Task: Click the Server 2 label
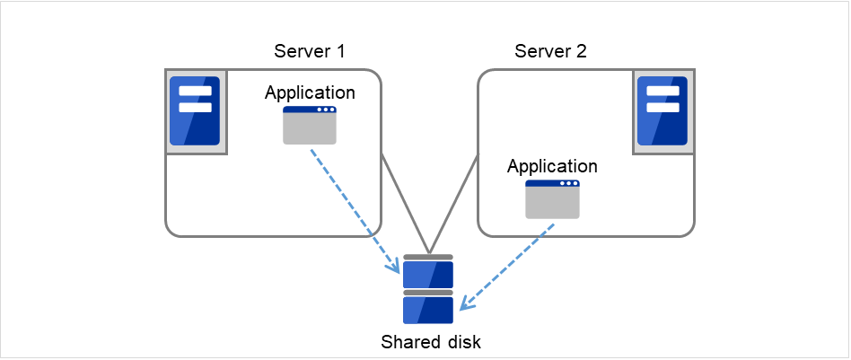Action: click(x=550, y=51)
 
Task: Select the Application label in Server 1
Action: click(x=310, y=92)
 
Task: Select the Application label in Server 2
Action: click(x=552, y=166)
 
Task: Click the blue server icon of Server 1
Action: click(x=195, y=110)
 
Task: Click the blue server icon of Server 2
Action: click(x=662, y=110)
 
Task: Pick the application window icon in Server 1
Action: click(x=310, y=125)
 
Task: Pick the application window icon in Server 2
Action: click(x=552, y=199)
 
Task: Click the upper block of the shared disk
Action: click(x=428, y=272)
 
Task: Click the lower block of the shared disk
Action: click(x=428, y=309)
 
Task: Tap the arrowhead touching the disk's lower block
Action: click(x=465, y=304)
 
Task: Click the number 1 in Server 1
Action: click(x=340, y=51)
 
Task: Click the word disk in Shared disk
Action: click(x=452, y=342)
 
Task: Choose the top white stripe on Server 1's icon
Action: click(x=195, y=91)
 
